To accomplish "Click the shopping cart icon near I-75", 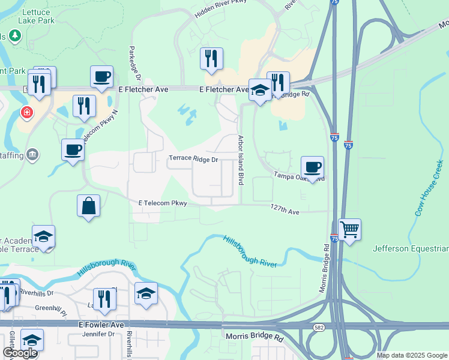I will click(x=349, y=229).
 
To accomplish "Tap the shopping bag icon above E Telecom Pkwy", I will click(x=89, y=206).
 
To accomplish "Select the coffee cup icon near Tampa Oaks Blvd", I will click(x=312, y=167).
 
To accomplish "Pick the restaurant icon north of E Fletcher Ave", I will click(x=211, y=59).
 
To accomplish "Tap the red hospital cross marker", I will click(x=26, y=112).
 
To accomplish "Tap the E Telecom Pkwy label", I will click(x=163, y=203).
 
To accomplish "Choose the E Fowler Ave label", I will click(x=101, y=325).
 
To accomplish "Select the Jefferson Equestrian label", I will click(x=411, y=248).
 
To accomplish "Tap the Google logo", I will click(x=20, y=353).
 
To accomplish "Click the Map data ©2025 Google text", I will click(x=411, y=355).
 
